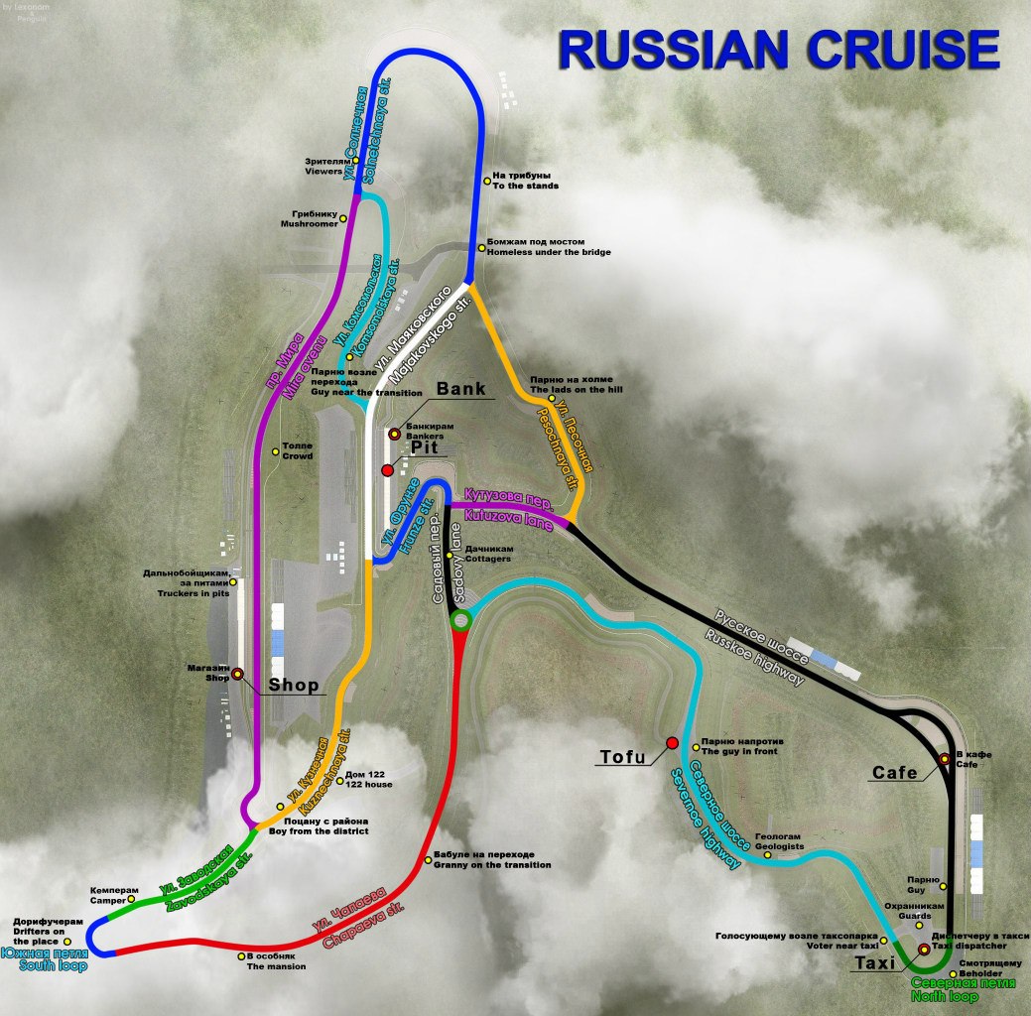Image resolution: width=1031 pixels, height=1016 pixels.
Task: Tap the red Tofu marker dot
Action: [x=673, y=742]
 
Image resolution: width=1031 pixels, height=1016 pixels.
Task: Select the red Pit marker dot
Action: [x=387, y=469]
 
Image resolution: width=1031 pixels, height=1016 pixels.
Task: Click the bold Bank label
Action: [x=461, y=388]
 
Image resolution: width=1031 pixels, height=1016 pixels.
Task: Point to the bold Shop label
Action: [x=293, y=685]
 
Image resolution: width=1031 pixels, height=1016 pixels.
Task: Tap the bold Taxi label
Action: [x=875, y=961]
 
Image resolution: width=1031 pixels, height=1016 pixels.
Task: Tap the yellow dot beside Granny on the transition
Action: [x=428, y=857]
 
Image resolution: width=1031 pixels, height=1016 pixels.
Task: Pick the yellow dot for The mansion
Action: [x=241, y=956]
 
